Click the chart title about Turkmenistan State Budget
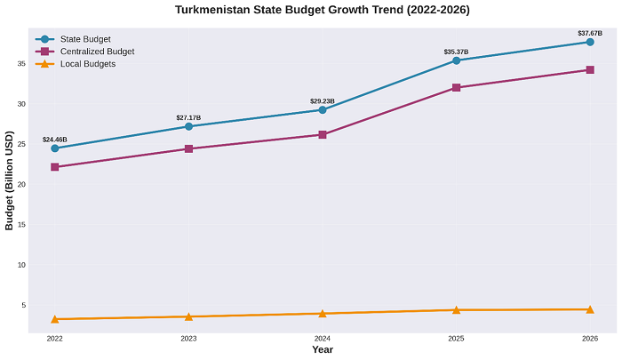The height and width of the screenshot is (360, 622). click(322, 10)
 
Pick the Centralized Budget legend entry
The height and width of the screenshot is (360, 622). click(97, 52)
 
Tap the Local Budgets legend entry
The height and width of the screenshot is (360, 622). click(88, 64)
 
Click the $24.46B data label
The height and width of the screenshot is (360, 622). click(55, 140)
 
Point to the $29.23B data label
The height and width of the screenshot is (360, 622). click(323, 101)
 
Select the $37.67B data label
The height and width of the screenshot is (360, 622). click(590, 33)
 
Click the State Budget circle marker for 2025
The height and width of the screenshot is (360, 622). click(456, 60)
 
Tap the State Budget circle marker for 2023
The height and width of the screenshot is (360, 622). click(188, 126)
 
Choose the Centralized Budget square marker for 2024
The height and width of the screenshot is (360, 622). click(323, 134)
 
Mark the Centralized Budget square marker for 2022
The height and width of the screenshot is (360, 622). click(55, 167)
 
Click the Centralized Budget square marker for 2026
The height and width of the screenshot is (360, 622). click(590, 69)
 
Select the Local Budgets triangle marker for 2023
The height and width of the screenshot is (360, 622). click(188, 316)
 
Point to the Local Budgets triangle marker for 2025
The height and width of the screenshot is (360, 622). click(456, 309)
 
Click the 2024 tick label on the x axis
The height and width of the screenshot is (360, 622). click(323, 339)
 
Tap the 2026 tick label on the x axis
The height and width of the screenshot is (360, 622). click(590, 339)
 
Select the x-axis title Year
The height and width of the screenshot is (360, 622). click(323, 350)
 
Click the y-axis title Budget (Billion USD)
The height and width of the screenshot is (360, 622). click(9, 180)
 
